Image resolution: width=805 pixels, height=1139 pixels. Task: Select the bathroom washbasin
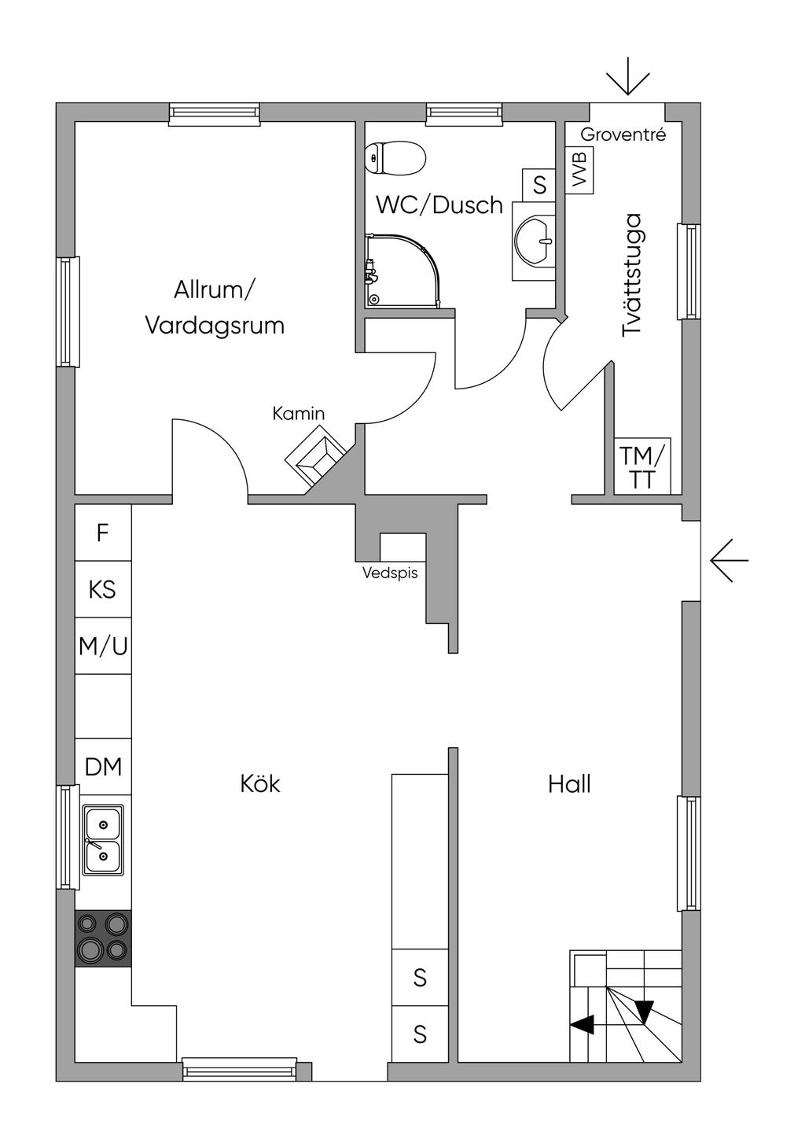[535, 239]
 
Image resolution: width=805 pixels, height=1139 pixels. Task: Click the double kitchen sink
[103, 840]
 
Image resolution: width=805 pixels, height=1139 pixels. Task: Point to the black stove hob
[103, 938]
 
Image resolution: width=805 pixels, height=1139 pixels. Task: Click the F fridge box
[103, 533]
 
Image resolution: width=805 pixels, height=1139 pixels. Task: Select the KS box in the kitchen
[103, 589]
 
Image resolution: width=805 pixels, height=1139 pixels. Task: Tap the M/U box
[103, 647]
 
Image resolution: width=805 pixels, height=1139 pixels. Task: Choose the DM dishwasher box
[103, 766]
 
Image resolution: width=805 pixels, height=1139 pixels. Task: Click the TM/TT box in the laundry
[642, 466]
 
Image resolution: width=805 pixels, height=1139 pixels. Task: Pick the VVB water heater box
[579, 170]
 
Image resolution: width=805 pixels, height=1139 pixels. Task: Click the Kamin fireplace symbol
[316, 456]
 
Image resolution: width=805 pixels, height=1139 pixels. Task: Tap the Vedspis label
[390, 573]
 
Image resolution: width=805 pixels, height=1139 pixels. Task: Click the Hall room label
[569, 783]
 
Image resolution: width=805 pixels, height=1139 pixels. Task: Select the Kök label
[260, 783]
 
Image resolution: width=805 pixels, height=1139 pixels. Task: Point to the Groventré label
[623, 135]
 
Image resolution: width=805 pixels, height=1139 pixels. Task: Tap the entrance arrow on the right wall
[729, 561]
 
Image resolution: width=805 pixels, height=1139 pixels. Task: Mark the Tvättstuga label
[632, 275]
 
